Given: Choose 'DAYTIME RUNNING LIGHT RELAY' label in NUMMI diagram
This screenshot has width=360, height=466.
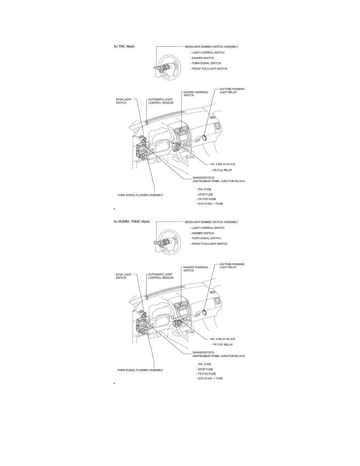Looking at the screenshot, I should point(232,266).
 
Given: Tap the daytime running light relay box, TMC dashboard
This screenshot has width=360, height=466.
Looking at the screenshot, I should point(205,137).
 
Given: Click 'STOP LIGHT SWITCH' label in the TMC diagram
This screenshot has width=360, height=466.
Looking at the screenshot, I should point(123,101).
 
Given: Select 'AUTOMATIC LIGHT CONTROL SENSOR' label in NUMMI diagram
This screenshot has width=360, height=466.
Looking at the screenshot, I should point(160,276).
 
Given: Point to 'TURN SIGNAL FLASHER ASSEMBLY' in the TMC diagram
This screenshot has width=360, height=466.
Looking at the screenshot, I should point(140,195).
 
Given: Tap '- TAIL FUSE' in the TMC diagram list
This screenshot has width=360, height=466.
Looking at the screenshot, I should point(204,189).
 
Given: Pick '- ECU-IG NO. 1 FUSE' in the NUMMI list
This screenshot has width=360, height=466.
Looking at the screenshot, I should point(210,379).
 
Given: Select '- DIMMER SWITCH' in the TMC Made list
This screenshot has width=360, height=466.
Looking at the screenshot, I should point(202,58).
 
